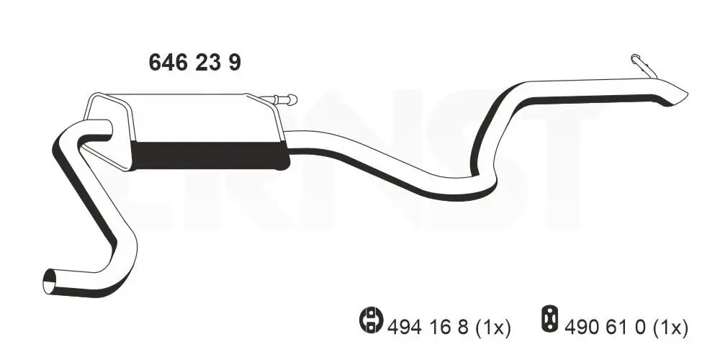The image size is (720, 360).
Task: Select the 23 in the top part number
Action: click(x=208, y=63)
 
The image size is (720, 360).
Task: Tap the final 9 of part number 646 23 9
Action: click(x=235, y=63)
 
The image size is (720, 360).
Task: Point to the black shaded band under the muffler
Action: click(x=209, y=156)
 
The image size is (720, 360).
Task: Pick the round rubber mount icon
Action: click(x=369, y=320)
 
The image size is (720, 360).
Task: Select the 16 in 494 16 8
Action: click(x=438, y=328)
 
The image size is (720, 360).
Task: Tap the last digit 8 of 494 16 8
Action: click(x=463, y=328)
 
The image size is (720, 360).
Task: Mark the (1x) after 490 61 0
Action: click(x=672, y=328)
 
